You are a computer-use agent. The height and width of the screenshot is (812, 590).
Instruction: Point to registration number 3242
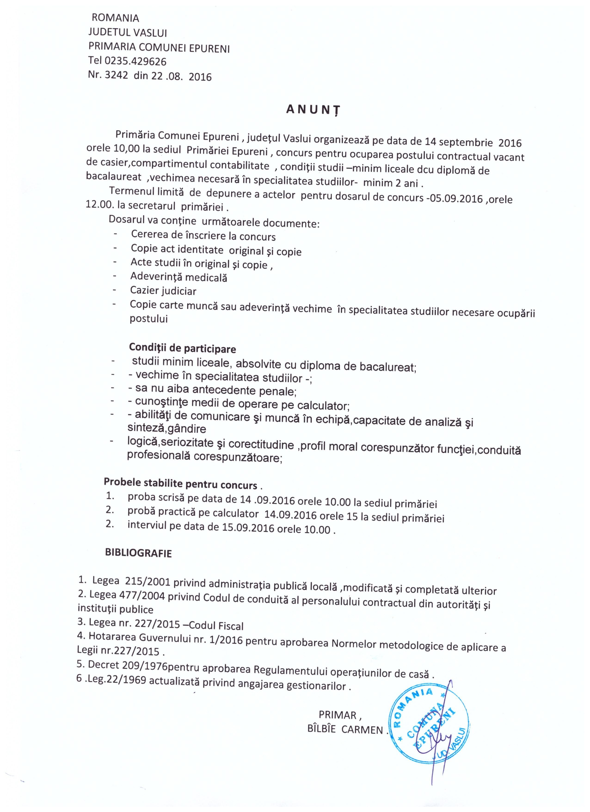(116, 76)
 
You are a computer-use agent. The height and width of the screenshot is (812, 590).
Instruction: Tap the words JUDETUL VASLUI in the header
(128, 33)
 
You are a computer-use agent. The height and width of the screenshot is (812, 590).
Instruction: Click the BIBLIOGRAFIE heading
(138, 553)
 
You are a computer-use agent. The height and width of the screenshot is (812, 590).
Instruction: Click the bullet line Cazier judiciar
(163, 291)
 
